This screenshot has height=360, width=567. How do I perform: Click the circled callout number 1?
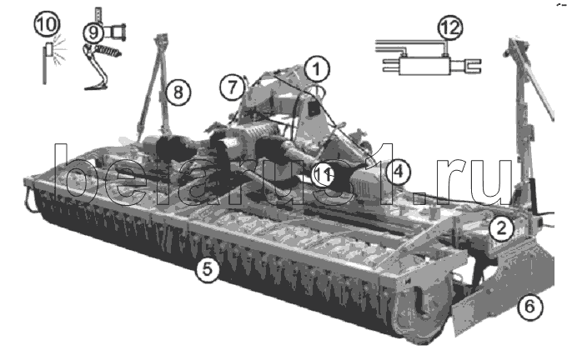[x=316, y=69]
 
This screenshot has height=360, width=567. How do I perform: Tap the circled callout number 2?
[x=501, y=228]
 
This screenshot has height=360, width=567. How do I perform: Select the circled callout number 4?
[x=398, y=172]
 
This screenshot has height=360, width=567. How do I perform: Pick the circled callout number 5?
[x=207, y=269]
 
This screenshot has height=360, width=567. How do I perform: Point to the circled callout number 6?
[x=529, y=307]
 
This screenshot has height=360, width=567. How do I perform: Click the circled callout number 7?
[x=232, y=87]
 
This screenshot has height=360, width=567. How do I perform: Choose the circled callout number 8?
[x=178, y=92]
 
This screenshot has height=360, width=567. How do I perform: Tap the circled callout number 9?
[x=93, y=32]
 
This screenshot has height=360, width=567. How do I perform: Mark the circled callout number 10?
[x=47, y=24]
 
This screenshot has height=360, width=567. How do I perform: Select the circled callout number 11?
[x=323, y=175]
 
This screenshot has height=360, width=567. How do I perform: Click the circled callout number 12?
[x=450, y=27]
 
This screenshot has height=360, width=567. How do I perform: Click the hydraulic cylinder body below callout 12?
[x=425, y=66]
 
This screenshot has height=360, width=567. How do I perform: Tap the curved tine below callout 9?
[x=97, y=67]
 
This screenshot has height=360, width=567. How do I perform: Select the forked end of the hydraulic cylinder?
[x=472, y=66]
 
